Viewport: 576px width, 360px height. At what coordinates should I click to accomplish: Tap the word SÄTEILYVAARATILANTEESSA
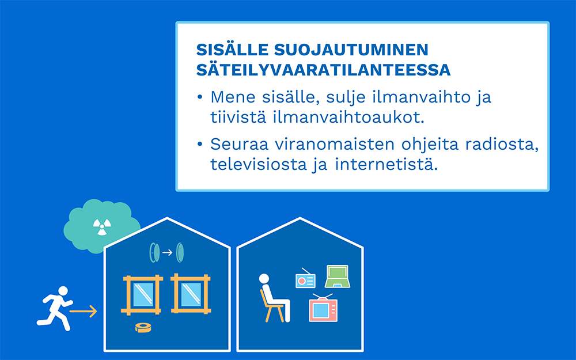coord(323,70)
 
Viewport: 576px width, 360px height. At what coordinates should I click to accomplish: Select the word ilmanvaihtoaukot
coord(348,117)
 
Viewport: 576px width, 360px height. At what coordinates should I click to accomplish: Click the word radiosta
coord(502,145)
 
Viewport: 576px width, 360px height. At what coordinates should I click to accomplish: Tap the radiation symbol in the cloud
coord(102,226)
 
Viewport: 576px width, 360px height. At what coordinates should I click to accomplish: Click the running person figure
coord(55,308)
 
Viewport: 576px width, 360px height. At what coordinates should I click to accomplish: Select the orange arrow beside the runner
coord(83,311)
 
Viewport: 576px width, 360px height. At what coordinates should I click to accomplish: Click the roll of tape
coord(143,327)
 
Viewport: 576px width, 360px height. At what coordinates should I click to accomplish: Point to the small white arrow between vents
coord(167,252)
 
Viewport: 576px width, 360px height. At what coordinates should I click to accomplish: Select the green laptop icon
coord(337,276)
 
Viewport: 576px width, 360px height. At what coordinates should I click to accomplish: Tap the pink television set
coord(323,308)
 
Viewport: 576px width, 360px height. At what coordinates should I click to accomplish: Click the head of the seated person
coord(264,279)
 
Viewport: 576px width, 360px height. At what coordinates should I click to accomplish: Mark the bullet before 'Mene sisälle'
coord(200,97)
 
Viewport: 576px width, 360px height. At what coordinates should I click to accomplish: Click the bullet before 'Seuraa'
coord(200,144)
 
